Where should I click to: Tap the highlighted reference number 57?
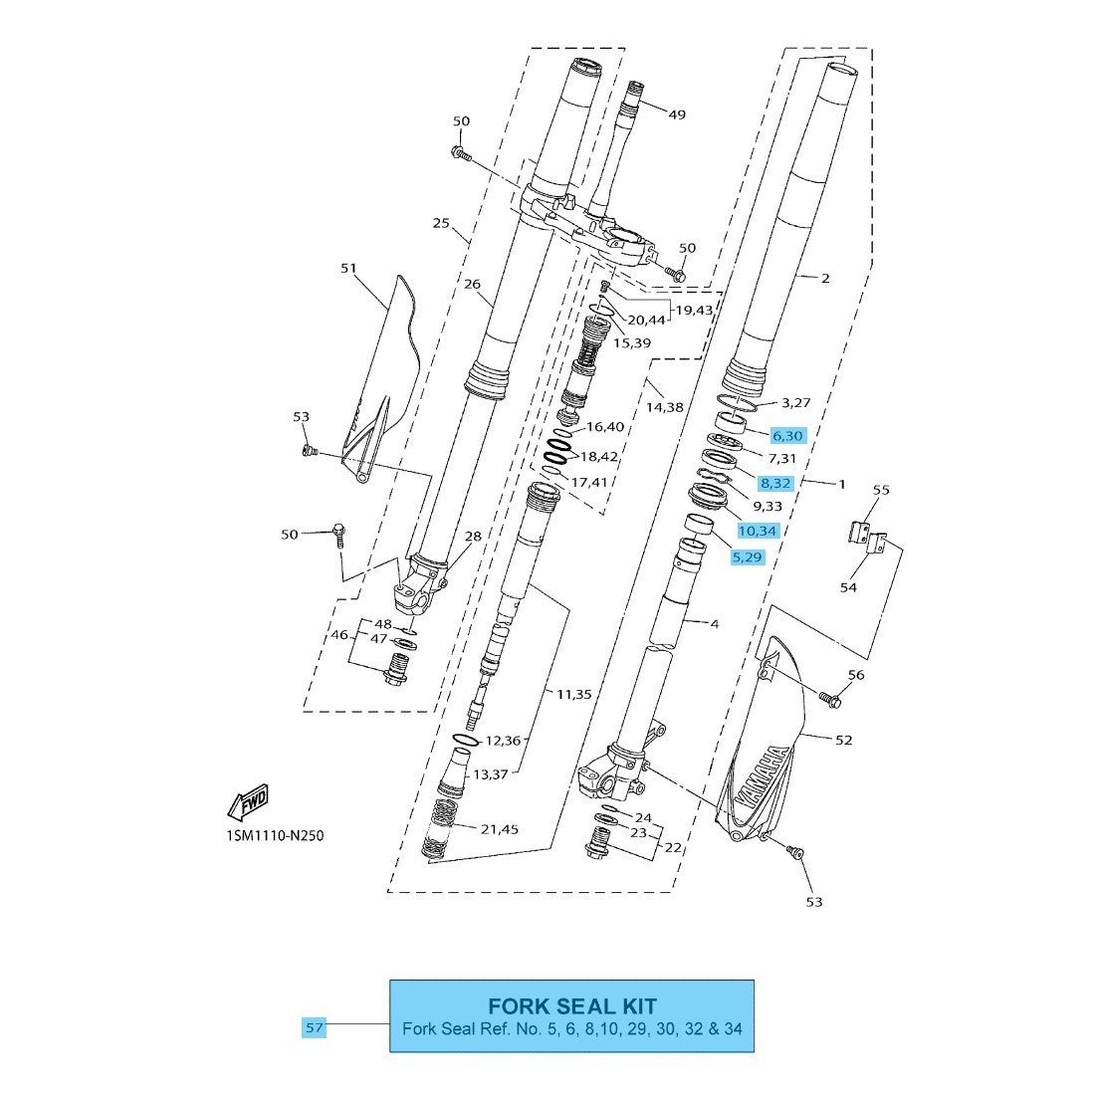[x=315, y=1027]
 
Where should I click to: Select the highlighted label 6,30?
[x=786, y=435]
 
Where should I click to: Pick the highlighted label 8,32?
[x=775, y=483]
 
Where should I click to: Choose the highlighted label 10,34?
[x=757, y=531]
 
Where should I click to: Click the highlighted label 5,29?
[x=747, y=557]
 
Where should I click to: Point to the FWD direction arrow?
[x=248, y=799]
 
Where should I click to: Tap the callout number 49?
[x=677, y=114]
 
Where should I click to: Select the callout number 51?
[x=348, y=268]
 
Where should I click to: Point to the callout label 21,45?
[x=499, y=829]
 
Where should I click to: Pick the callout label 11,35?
[x=573, y=694]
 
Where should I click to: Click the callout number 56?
[x=855, y=675]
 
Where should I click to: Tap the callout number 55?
[x=880, y=490]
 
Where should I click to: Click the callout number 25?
[x=441, y=223]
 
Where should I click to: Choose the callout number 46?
[x=339, y=634]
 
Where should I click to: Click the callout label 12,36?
[x=502, y=741]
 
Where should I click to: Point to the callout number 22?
[x=674, y=847]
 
